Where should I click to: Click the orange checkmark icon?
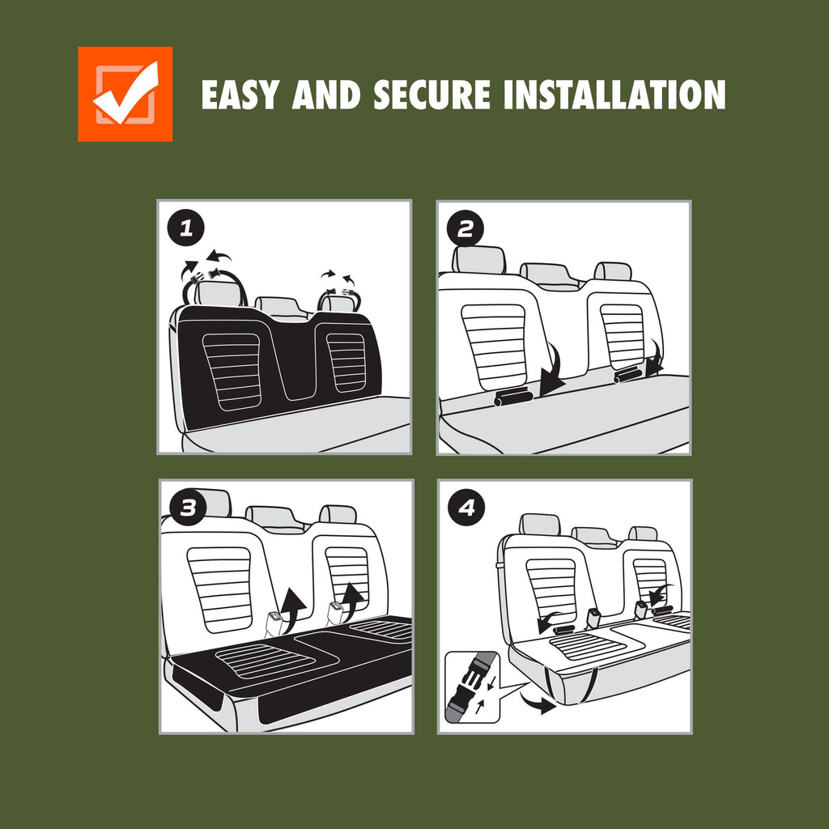[x=125, y=94]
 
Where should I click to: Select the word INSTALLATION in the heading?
[x=614, y=96]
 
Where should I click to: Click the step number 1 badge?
[x=186, y=229]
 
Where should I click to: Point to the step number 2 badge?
[x=466, y=228]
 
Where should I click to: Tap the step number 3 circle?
[x=188, y=508]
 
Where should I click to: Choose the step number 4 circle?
[x=466, y=508]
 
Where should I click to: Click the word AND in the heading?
[x=325, y=96]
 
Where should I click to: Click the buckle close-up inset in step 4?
[x=472, y=687]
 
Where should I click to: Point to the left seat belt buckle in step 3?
[x=273, y=624]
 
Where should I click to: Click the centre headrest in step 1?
[x=281, y=306]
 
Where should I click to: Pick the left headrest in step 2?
[x=479, y=260]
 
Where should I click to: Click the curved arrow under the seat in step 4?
[x=537, y=702]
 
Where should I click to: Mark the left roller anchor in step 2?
[x=513, y=397]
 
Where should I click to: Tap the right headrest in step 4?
[x=643, y=534]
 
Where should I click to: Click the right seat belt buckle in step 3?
[x=336, y=614]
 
